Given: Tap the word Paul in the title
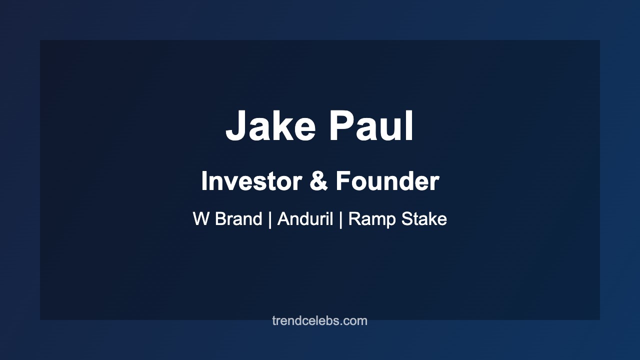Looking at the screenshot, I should tap(371, 127).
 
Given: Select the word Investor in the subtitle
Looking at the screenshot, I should tap(251, 181).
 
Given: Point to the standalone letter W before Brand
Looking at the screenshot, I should tap(201, 219).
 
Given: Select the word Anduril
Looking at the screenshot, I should tap(305, 219).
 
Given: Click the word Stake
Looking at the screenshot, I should tap(423, 219).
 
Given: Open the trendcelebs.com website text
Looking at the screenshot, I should tap(320, 321).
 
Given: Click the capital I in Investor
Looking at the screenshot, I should tap(204, 181).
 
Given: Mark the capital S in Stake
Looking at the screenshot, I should tap(405, 219).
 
